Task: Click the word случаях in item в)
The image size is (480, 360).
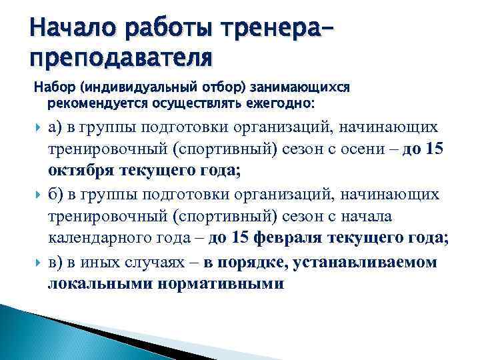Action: (x=154, y=261)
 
